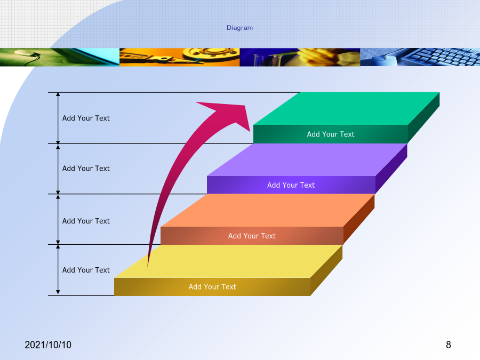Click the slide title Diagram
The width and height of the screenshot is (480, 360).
click(x=239, y=28)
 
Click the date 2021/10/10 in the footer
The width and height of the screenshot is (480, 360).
click(x=48, y=345)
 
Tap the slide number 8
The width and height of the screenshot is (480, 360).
click(x=449, y=345)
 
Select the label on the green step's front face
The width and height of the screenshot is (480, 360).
click(x=331, y=134)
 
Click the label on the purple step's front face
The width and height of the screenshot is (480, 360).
click(x=291, y=185)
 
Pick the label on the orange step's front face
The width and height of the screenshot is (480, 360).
click(x=252, y=236)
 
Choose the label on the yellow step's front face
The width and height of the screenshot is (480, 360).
click(x=212, y=287)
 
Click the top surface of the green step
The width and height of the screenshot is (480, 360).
click(x=347, y=108)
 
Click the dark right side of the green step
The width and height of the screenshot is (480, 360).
click(x=423, y=117)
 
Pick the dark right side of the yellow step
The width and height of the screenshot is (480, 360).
click(x=326, y=270)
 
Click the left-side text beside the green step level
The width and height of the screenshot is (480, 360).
click(x=86, y=118)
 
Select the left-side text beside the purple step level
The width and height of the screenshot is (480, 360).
click(x=86, y=169)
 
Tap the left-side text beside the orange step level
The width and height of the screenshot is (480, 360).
click(x=86, y=221)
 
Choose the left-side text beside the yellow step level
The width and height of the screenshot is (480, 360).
click(x=86, y=270)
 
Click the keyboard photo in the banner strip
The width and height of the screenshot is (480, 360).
click(x=420, y=57)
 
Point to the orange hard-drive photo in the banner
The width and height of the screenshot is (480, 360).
click(x=179, y=57)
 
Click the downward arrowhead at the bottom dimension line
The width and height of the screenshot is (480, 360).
click(x=58, y=292)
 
